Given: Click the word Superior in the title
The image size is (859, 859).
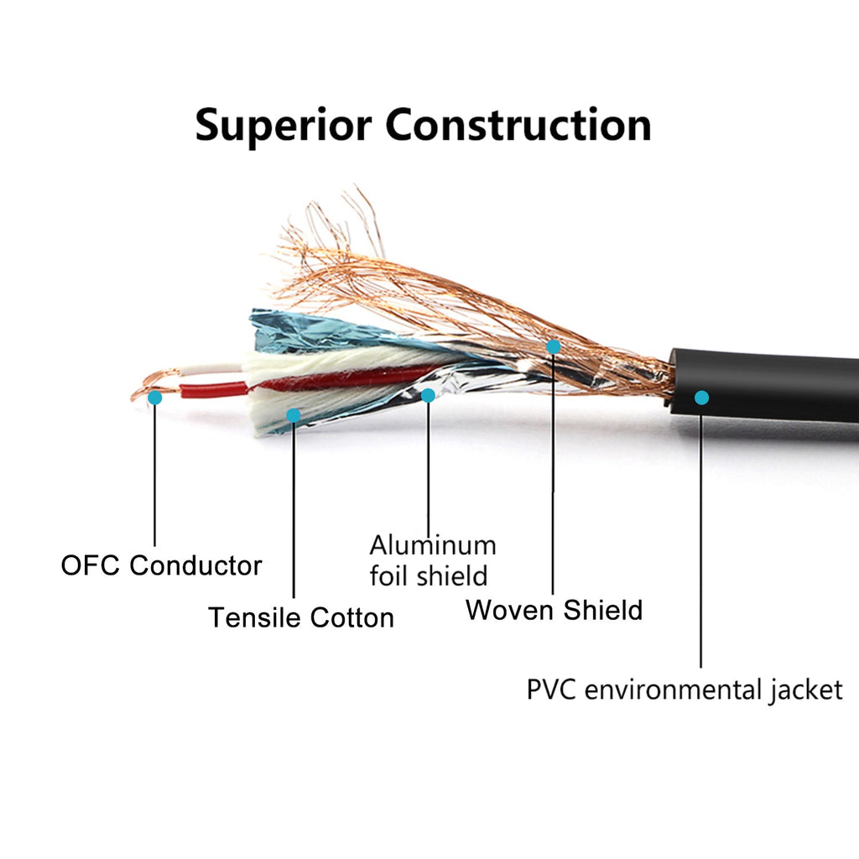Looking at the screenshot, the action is pos(284,126).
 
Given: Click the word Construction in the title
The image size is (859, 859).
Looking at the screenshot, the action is pos(518,125).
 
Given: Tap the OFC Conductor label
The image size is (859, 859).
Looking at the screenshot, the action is pos(161,565).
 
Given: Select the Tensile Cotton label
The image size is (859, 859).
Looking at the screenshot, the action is pos(301,617).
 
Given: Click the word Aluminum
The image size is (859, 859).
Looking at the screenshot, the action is pos(433,545).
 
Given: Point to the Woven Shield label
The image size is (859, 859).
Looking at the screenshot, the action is pos(554,610).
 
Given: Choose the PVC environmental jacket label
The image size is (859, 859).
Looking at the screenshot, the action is pos(685,690).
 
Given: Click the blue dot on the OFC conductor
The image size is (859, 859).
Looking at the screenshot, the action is pos(155,398).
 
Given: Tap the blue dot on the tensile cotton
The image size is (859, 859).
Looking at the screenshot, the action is pos(294,415).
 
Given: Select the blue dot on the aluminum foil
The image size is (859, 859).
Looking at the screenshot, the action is pos(428,395).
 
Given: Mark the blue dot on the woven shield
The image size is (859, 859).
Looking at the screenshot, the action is pos(554,346).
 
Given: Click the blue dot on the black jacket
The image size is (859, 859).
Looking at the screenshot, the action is pos(701,398).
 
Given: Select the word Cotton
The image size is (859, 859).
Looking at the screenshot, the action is pos(351,617).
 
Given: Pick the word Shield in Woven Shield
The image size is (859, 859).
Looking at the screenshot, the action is pos(602,610).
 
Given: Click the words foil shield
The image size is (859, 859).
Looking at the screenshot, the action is pos(429,575).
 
